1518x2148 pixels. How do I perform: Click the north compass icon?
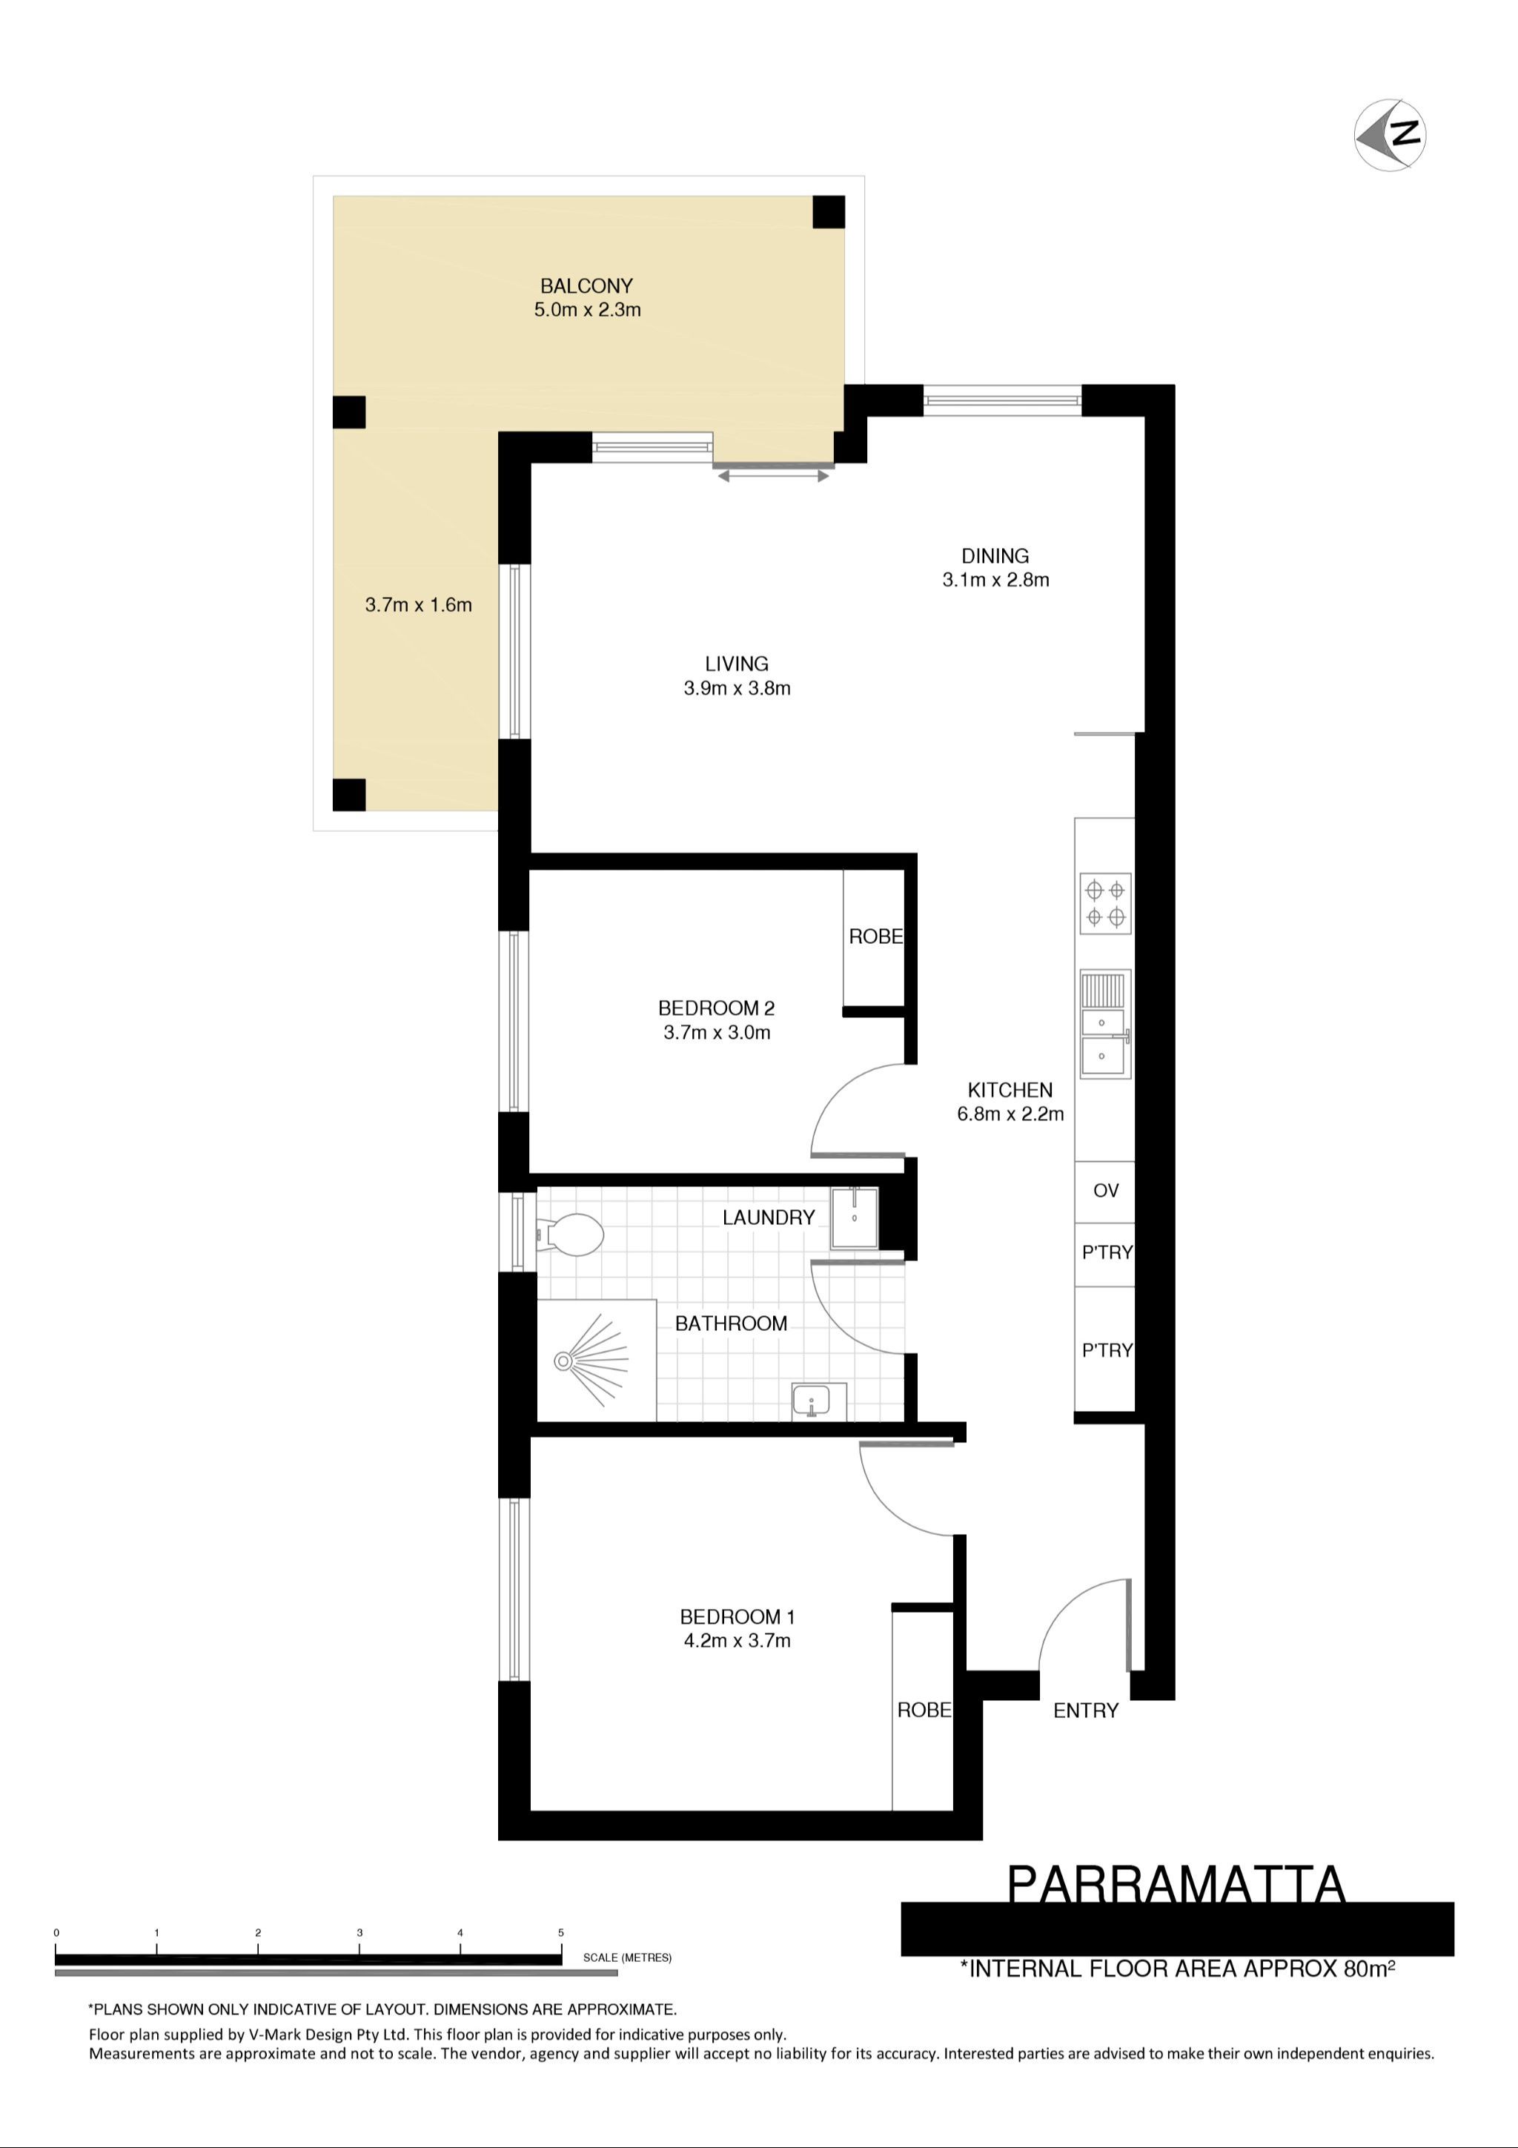[1390, 135]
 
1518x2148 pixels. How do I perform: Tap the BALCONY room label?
[586, 285]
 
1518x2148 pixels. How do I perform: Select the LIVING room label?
[737, 664]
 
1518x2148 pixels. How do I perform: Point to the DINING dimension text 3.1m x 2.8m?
[995, 580]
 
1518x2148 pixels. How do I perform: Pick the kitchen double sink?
[1106, 1025]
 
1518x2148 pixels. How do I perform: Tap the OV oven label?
[1106, 1191]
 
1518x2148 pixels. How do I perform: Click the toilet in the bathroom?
[569, 1235]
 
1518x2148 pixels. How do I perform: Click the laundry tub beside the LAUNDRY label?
[855, 1218]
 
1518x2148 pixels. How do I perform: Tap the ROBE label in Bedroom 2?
[876, 936]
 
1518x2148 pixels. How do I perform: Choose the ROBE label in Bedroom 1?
[924, 1710]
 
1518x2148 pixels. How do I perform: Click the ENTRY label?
[1086, 1710]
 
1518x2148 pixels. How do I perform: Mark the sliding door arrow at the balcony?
[774, 476]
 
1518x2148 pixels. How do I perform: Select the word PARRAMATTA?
[1176, 1885]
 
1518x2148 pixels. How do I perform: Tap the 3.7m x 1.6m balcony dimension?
[418, 605]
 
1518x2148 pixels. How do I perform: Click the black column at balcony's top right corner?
[829, 211]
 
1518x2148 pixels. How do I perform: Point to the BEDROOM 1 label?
[737, 1616]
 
